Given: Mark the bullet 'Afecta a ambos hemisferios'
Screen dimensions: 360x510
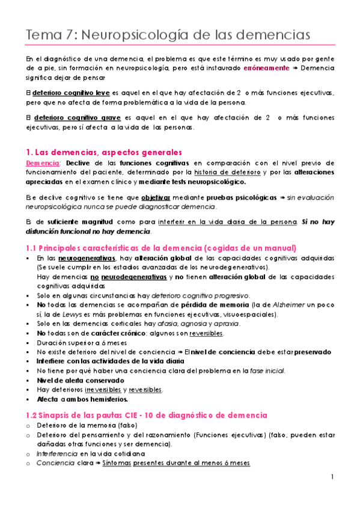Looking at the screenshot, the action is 77,399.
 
